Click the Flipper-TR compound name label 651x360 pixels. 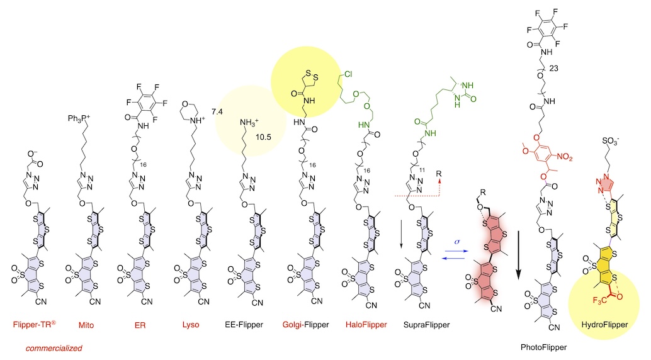tap(35, 324)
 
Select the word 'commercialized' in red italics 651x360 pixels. tap(54, 349)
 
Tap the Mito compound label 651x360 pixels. tap(86, 325)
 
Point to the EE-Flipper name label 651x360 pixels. tap(244, 324)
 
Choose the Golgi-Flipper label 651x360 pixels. tap(305, 325)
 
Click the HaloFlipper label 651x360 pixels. tap(366, 324)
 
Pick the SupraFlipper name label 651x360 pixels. tap(426, 325)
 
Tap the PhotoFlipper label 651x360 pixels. tap(543, 347)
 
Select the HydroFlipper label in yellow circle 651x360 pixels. tap(604, 325)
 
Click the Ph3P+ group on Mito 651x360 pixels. tap(79, 119)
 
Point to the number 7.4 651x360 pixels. tap(217, 111)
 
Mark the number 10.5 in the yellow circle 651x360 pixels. tap(263, 137)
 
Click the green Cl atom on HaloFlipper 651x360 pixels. tap(348, 74)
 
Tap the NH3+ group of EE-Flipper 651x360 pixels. tap(249, 123)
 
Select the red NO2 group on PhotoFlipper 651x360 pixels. tap(565, 157)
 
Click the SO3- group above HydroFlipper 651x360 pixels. tap(611, 141)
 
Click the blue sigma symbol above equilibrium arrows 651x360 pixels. tap(457, 242)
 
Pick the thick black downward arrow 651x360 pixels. tap(518, 255)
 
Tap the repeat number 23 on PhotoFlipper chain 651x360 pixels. tap(553, 69)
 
